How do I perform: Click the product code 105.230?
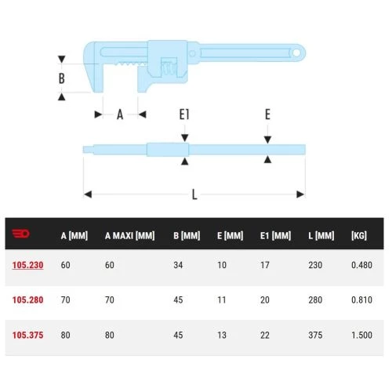point(27,265)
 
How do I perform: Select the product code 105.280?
point(27,299)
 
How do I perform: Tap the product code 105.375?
point(27,335)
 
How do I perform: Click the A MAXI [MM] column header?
point(129,236)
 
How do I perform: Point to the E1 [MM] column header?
point(275,236)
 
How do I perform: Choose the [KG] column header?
point(359,236)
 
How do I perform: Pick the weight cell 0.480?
point(361,265)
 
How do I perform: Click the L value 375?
point(315,335)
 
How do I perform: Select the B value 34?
point(178,265)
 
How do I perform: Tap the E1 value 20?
point(265,299)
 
